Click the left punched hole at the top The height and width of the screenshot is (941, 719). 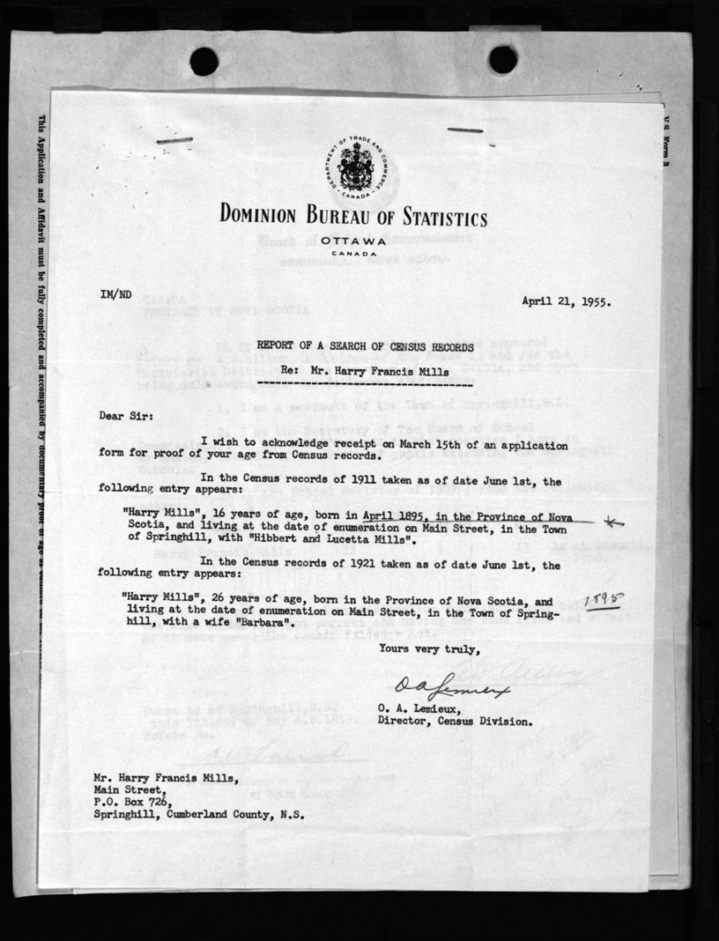click(x=204, y=61)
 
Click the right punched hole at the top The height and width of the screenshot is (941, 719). click(x=503, y=59)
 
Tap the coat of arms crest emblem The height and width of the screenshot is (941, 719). click(x=357, y=165)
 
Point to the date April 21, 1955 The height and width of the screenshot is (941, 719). click(x=567, y=300)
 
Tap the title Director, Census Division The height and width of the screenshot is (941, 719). click(x=455, y=721)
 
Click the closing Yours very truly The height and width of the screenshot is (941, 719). click(x=429, y=649)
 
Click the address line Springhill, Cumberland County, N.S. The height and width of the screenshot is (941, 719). click(x=199, y=815)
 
